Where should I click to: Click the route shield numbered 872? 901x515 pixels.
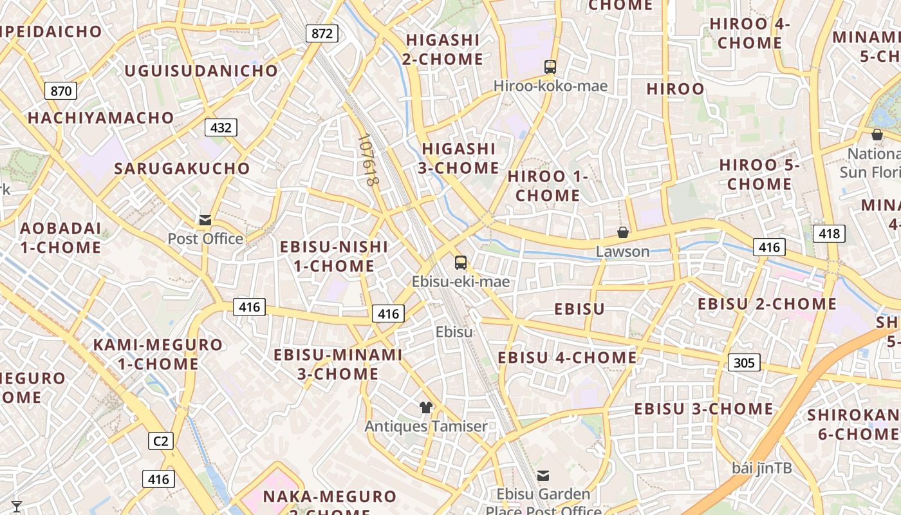coord(322,33)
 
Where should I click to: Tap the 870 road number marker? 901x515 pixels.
coord(61,91)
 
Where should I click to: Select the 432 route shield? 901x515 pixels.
coord(221,127)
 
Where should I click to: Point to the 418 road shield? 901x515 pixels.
coord(829,234)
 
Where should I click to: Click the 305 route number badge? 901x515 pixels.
coord(744,362)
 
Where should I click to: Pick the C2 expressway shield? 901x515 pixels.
coord(161,441)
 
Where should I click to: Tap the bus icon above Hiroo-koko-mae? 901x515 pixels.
coord(550,66)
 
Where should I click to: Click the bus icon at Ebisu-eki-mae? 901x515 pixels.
coord(461,262)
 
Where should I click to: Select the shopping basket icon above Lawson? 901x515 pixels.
coord(623,232)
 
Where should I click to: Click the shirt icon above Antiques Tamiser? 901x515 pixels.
coord(425,407)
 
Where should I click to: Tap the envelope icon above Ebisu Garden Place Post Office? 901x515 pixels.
coord(543,476)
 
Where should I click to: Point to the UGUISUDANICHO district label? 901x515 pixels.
coord(201,71)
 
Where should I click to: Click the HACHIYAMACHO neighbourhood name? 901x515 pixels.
coord(101,118)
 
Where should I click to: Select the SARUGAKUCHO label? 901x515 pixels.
coord(182,169)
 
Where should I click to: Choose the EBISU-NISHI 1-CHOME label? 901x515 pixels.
coord(334,256)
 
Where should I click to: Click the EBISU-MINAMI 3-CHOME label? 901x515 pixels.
coord(338,364)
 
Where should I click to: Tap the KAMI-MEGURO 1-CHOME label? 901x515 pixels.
coord(158,354)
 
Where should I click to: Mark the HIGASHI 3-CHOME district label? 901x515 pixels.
coord(460,158)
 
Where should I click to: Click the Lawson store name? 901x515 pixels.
coord(622,251)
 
